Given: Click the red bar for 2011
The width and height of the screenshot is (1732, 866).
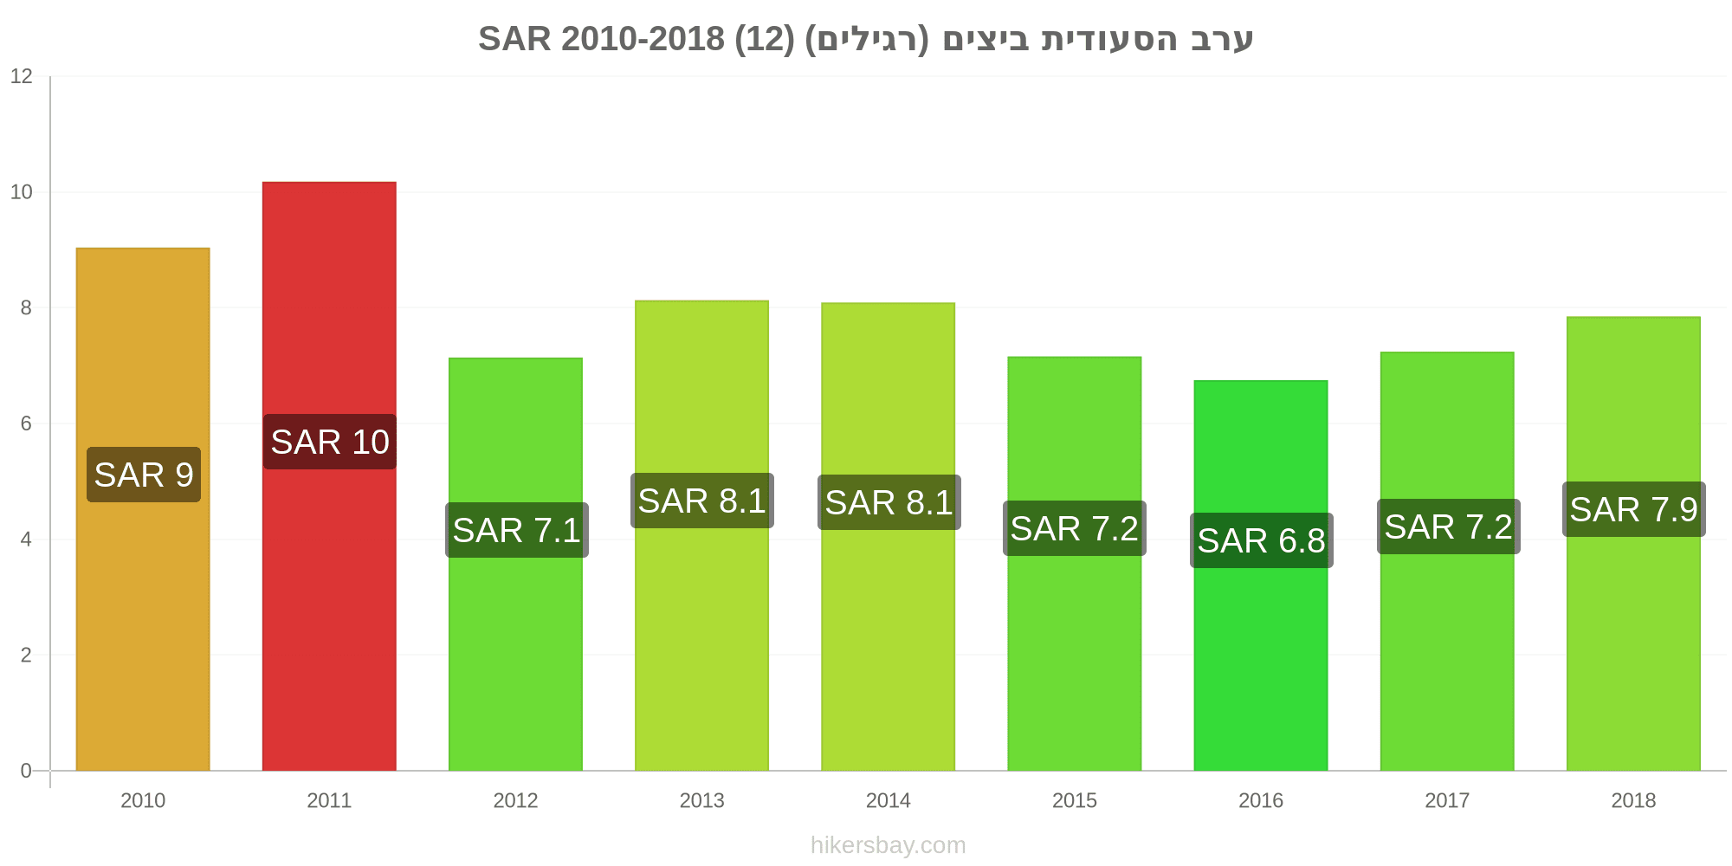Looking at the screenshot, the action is click(329, 476).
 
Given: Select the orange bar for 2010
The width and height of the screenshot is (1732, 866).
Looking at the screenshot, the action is click(143, 509).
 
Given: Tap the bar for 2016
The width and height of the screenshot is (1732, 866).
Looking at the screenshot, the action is click(1261, 576).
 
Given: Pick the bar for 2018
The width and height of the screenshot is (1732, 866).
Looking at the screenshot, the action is click(1633, 544).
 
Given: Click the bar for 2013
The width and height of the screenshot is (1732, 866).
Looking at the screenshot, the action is click(701, 536).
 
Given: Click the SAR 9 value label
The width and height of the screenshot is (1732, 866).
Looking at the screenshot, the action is click(144, 475).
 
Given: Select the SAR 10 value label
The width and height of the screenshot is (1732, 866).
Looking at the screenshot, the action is click(330, 442).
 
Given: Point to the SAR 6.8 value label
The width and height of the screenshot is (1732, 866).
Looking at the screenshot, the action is click(1261, 540).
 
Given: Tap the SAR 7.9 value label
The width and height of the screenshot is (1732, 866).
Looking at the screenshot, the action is click(1634, 509).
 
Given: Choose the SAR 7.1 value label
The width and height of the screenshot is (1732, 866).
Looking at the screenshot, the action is click(517, 530).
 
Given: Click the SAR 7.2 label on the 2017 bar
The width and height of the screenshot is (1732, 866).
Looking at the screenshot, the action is click(1448, 527).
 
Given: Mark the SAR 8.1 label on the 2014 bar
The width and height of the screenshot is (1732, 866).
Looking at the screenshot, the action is click(889, 502).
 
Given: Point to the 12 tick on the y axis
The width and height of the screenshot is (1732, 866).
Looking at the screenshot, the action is click(21, 76).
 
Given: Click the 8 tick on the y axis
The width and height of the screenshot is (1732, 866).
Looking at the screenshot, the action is click(26, 307).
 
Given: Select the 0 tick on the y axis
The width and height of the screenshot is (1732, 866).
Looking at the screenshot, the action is click(26, 771).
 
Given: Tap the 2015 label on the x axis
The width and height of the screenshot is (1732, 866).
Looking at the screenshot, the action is click(1075, 800).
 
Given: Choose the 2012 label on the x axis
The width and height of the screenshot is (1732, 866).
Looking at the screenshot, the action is click(515, 800).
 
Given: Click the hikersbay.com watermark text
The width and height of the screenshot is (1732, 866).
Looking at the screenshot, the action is click(889, 845).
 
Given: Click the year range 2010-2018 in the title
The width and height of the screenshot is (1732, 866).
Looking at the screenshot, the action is click(643, 39).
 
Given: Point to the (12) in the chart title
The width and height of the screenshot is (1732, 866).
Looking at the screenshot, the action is click(765, 39).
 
